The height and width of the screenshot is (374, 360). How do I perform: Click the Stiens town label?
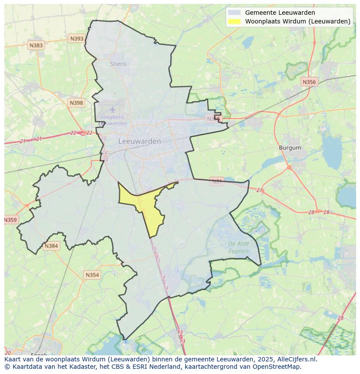click(118, 64)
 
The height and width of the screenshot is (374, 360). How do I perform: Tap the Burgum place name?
click(290, 148)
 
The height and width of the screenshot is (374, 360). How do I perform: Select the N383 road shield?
click(36, 45)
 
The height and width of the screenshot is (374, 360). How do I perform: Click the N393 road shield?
click(77, 39)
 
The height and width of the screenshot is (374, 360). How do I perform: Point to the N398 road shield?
click(76, 103)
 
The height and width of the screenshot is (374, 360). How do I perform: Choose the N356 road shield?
click(309, 82)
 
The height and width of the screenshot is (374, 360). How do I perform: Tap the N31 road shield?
click(217, 181)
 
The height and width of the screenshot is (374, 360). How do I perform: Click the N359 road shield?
click(10, 220)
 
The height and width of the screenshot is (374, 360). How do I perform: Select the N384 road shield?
click(51, 246)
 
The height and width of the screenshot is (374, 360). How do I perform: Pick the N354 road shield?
click(92, 275)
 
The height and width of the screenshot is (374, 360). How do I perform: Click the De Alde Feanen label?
click(239, 247)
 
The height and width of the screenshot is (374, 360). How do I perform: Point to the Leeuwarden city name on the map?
click(140, 141)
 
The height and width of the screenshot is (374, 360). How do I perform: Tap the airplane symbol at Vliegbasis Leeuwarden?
click(113, 109)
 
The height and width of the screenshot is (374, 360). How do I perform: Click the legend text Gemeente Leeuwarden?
click(280, 13)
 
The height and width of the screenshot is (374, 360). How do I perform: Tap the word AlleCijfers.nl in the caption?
click(298, 359)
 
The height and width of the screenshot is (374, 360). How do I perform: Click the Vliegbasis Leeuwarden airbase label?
click(113, 120)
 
